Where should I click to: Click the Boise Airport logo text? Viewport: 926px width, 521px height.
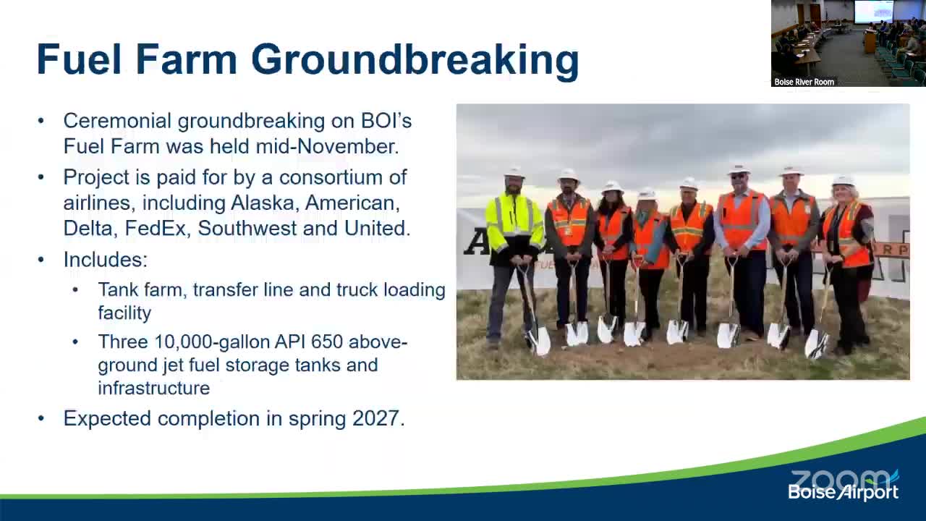843,493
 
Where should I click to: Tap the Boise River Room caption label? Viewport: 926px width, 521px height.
804,82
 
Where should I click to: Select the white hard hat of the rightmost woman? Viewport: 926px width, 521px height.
843,181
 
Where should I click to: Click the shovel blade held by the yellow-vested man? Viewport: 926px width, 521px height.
539,341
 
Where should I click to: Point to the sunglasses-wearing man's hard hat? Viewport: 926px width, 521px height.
739,168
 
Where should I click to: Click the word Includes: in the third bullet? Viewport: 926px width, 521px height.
105,260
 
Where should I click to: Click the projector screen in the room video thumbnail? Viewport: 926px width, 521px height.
873,11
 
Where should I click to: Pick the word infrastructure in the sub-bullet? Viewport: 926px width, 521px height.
153,388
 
